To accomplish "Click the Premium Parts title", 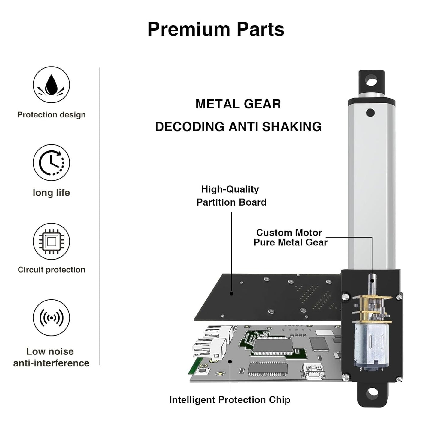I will (216, 29).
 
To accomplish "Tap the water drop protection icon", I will (51, 85).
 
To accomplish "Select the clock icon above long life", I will (51, 163).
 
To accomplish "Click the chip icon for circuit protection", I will (51, 241).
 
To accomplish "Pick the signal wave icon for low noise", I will (51, 318).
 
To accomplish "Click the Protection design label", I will (51, 115).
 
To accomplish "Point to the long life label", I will (51, 193).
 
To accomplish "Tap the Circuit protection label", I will (51, 270).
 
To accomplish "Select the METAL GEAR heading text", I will (238, 104).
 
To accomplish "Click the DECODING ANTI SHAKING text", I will (238, 127).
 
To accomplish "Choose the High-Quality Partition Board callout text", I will (231, 196).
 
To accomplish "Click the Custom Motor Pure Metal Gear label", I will (290, 237).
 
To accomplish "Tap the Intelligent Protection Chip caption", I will (230, 400).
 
